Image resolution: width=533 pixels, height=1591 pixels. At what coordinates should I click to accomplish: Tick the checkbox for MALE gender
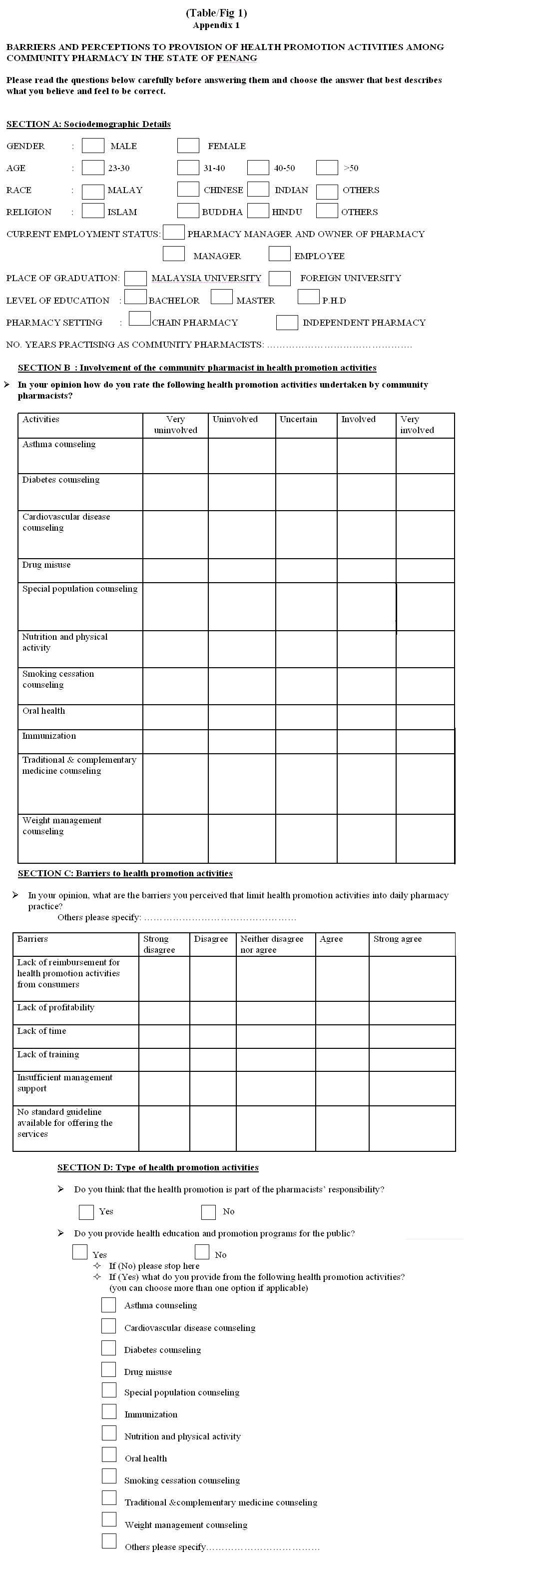tap(92, 145)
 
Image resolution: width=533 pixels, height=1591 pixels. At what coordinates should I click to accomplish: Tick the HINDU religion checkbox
tap(258, 211)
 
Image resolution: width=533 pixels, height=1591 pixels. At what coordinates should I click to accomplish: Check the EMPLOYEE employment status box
tap(279, 254)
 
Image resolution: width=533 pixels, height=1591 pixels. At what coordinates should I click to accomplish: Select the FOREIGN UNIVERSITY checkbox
tap(279, 278)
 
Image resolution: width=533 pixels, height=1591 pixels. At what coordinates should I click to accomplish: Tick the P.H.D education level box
tap(308, 297)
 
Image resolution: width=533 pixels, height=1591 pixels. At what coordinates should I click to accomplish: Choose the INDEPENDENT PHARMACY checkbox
tap(287, 323)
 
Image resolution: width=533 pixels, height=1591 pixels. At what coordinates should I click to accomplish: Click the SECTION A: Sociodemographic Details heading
tap(88, 124)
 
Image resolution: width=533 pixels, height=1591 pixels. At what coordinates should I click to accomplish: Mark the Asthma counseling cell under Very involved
tap(425, 456)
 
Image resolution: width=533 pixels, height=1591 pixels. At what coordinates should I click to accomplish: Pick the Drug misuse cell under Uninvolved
tap(242, 571)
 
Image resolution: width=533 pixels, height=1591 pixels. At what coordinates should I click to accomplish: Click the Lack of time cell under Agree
tap(342, 1036)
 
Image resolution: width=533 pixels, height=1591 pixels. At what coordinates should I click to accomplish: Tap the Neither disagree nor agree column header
tap(272, 944)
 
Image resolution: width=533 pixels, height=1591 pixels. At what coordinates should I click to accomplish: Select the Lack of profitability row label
tap(55, 1007)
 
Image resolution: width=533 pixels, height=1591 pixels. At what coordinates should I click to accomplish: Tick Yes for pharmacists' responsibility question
tap(86, 1212)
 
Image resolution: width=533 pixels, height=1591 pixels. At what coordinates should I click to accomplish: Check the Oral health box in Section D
tap(109, 1455)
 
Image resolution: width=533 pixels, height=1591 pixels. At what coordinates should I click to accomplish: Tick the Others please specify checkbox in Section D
tap(109, 1541)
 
